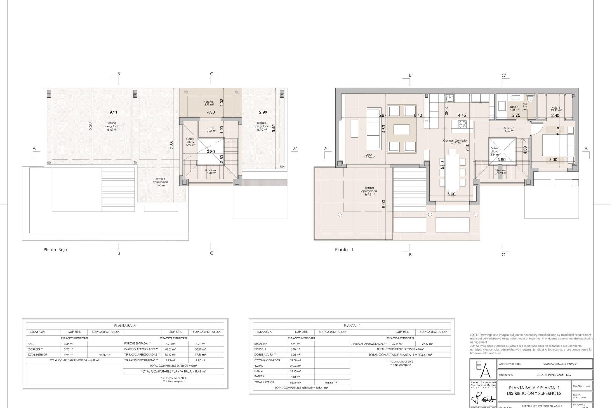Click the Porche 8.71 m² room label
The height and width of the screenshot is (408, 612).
point(208,103)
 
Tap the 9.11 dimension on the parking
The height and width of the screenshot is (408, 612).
point(113,112)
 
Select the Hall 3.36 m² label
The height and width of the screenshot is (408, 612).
point(211,129)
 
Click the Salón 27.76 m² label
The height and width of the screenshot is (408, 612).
point(370,156)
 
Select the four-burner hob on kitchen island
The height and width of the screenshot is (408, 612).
point(462,124)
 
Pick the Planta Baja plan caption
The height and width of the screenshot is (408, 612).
point(55,250)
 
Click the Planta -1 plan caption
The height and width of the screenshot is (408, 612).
point(344,250)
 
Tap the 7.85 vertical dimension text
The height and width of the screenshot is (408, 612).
point(172,145)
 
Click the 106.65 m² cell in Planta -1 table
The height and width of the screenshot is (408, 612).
point(331,382)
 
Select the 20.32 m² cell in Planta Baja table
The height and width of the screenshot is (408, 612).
point(105,355)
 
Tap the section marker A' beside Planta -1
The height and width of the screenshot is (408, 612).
point(586,148)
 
